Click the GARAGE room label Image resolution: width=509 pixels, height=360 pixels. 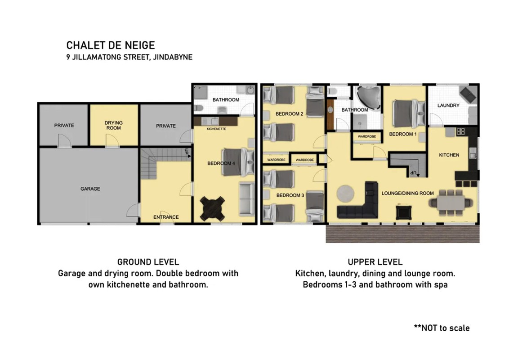point(90,189)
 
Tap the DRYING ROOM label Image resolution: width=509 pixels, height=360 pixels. point(114,125)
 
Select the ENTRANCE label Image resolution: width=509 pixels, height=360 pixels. point(166,217)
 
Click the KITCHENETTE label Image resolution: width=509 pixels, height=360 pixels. point(217,129)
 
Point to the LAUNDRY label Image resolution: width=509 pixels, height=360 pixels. point(448,105)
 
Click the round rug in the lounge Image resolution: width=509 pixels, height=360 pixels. point(345,193)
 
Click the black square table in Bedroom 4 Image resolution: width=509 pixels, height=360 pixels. point(212,209)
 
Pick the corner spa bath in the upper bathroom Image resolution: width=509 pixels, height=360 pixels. point(368,96)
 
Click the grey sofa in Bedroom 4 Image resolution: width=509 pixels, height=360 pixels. point(247,199)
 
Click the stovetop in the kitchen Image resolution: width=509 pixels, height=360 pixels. point(461,131)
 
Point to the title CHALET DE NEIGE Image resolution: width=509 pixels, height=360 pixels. point(111,45)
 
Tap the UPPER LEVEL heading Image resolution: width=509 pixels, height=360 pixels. point(375,262)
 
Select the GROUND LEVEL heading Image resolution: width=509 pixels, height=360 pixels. point(148,262)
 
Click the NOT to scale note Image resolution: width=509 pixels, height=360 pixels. point(442,328)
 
